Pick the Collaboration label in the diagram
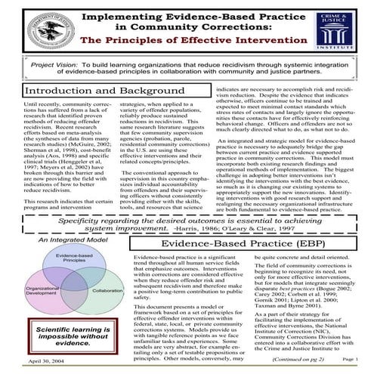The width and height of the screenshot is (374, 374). [x=103, y=290]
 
